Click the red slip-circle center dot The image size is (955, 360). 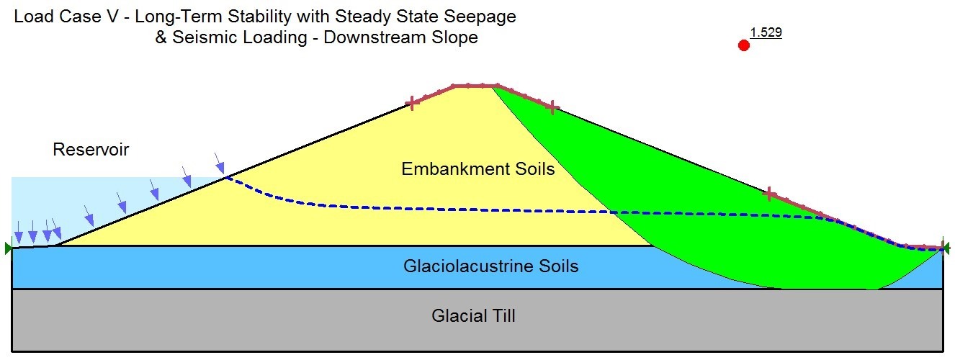coord(743,45)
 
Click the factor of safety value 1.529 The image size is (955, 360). coord(766,32)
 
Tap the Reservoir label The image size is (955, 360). coord(91,150)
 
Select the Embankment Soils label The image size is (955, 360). coord(478,168)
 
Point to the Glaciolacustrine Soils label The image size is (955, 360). coord(490,266)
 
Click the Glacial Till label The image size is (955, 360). coord(473,315)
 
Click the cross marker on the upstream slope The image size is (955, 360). coord(412,103)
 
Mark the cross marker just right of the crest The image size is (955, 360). coord(552,107)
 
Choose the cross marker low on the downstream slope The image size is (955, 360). coord(769,194)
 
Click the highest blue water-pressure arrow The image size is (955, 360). coord(220,163)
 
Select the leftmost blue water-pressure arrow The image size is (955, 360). coord(18,232)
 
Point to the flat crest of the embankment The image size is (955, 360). coord(475,86)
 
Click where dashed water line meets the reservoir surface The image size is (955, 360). coord(226,177)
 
